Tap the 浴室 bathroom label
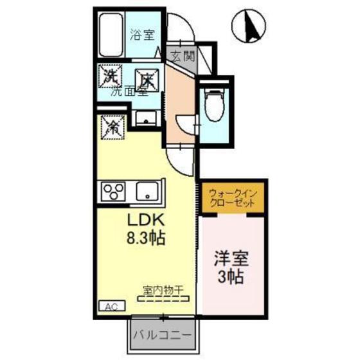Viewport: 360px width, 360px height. pyautogui.click(x=143, y=35)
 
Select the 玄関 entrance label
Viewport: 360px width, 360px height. pyautogui.click(x=182, y=56)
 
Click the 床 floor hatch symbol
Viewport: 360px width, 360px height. pyautogui.click(x=147, y=78)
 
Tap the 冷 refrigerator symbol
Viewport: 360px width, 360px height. pyautogui.click(x=111, y=125)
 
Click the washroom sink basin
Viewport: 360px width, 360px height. pyautogui.click(x=147, y=119)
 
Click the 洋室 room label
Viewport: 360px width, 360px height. pyautogui.click(x=231, y=263)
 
